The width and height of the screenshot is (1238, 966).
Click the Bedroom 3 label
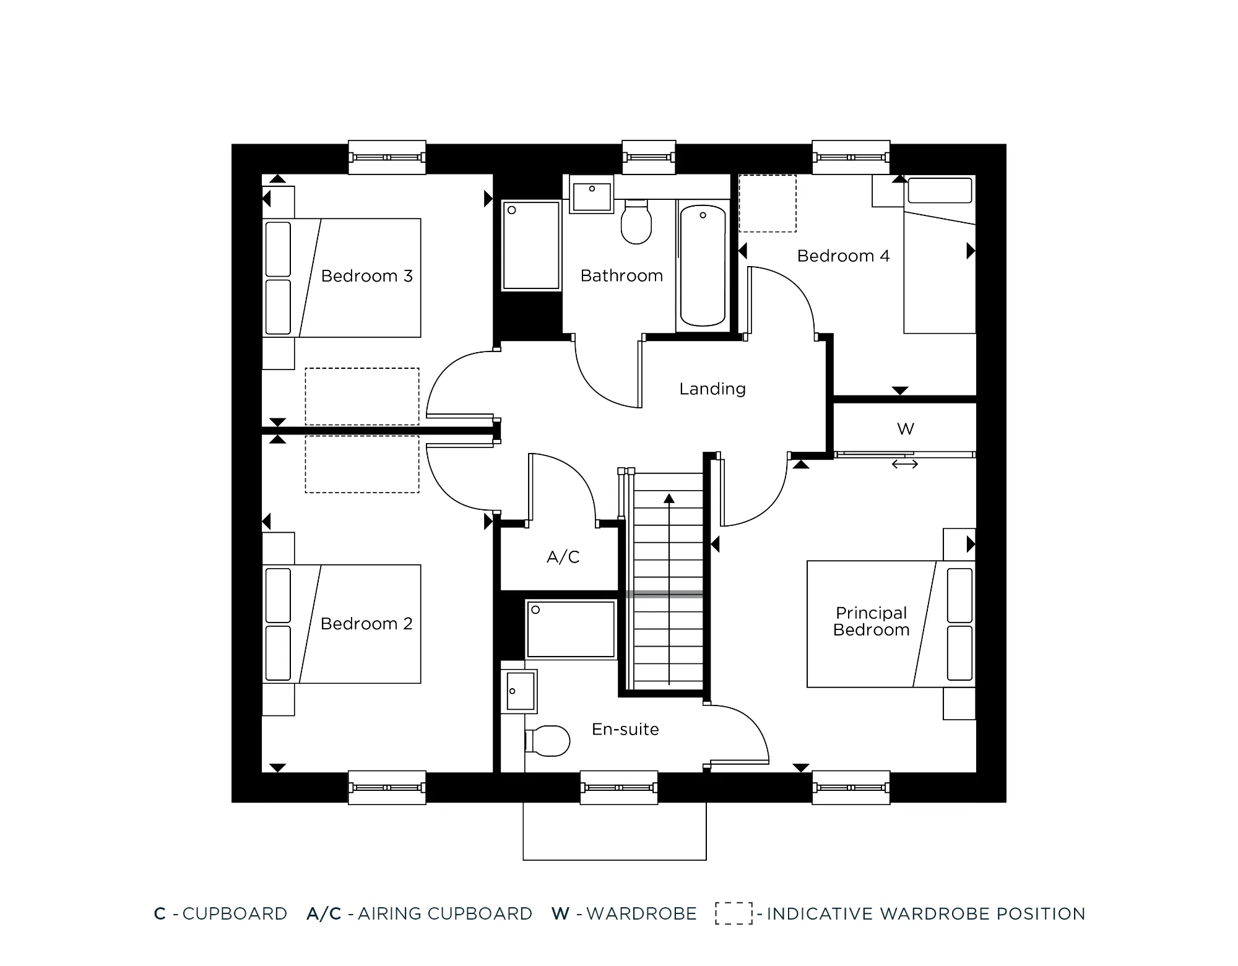click(x=366, y=276)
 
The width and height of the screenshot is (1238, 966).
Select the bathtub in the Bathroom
click(x=703, y=266)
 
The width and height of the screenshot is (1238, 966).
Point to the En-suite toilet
click(x=549, y=741)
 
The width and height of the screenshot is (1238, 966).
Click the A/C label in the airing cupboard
click(x=563, y=558)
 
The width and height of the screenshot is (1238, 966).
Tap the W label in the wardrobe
click(x=905, y=429)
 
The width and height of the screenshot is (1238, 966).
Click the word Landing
click(x=712, y=389)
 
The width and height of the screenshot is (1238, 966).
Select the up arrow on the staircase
click(x=669, y=499)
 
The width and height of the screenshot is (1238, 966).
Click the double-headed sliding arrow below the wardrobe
click(x=904, y=464)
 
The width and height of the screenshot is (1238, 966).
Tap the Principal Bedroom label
click(x=871, y=621)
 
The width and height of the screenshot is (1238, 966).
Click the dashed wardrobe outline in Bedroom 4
click(x=768, y=204)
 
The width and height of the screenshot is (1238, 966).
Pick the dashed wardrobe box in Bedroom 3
click(x=361, y=396)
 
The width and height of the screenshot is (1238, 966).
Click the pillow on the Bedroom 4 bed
click(x=939, y=191)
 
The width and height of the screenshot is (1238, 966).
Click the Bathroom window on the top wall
click(x=648, y=157)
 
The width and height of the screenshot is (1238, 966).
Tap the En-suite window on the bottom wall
click(x=618, y=788)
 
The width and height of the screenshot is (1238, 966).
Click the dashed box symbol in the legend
click(x=734, y=913)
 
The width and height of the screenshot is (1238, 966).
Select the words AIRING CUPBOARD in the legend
click(x=444, y=914)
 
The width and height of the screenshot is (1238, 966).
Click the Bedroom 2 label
click(x=366, y=624)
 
